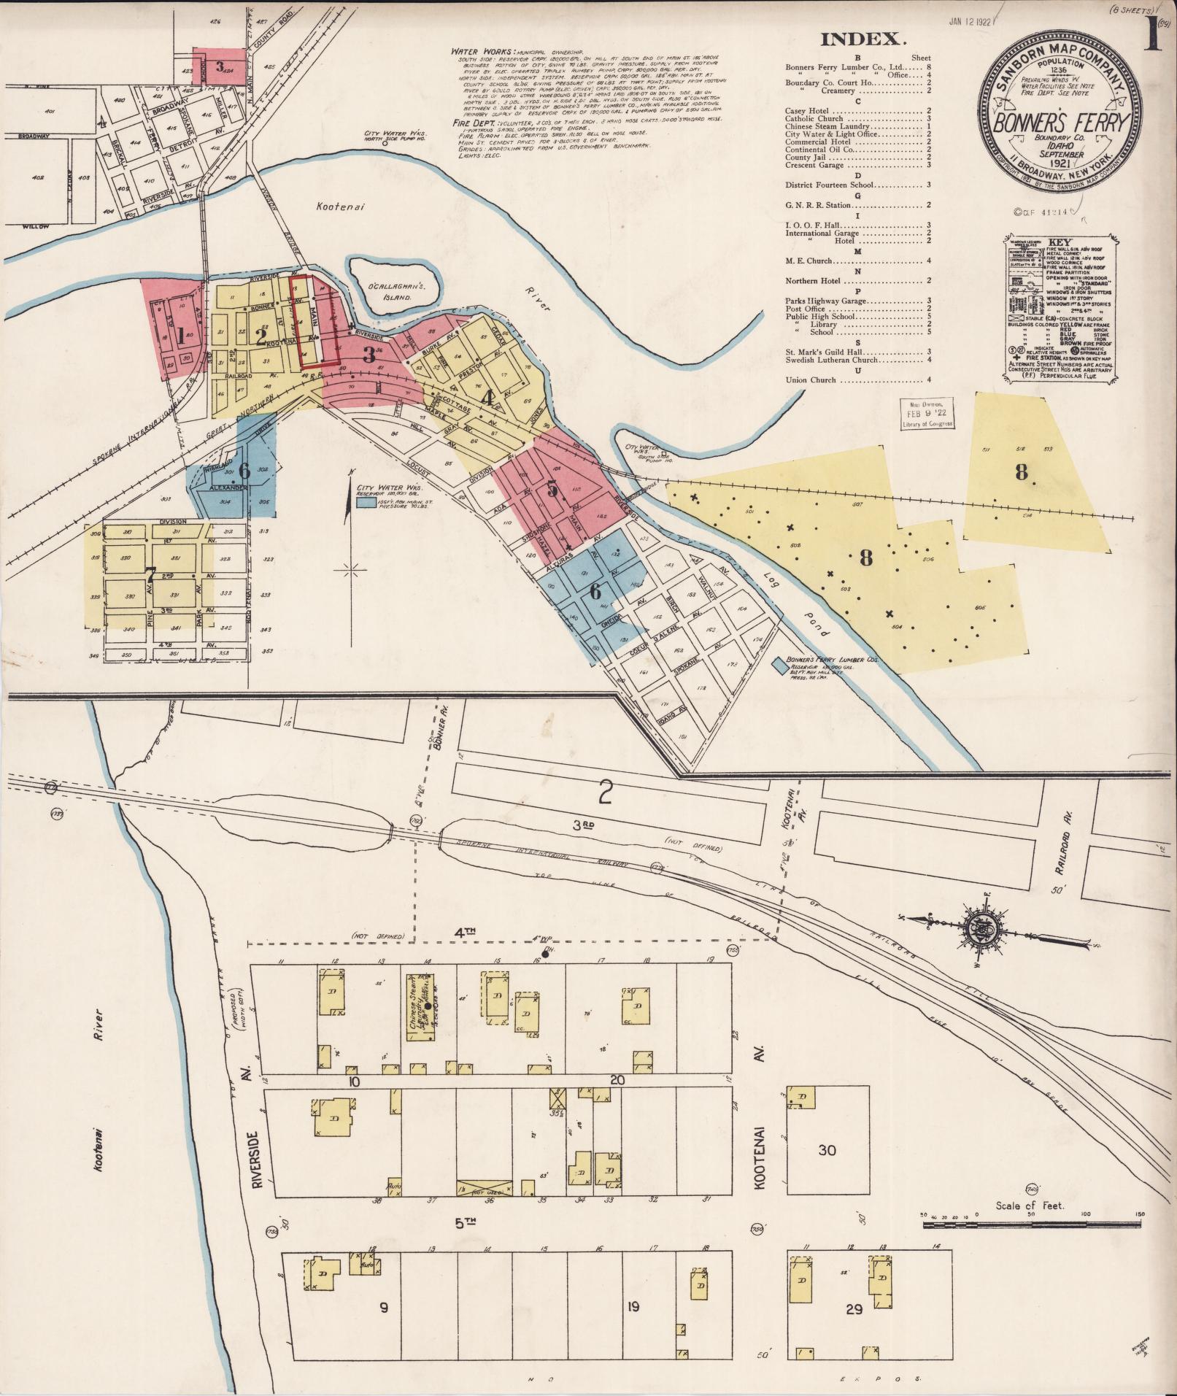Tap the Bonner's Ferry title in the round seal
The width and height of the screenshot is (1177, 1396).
1060,122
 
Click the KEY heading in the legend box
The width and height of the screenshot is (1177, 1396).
1059,242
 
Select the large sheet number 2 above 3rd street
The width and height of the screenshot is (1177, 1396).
604,793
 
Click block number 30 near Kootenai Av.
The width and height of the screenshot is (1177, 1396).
827,1151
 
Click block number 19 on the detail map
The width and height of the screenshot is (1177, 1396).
633,1307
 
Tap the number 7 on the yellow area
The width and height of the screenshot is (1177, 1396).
150,575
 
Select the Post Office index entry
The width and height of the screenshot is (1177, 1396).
806,309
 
